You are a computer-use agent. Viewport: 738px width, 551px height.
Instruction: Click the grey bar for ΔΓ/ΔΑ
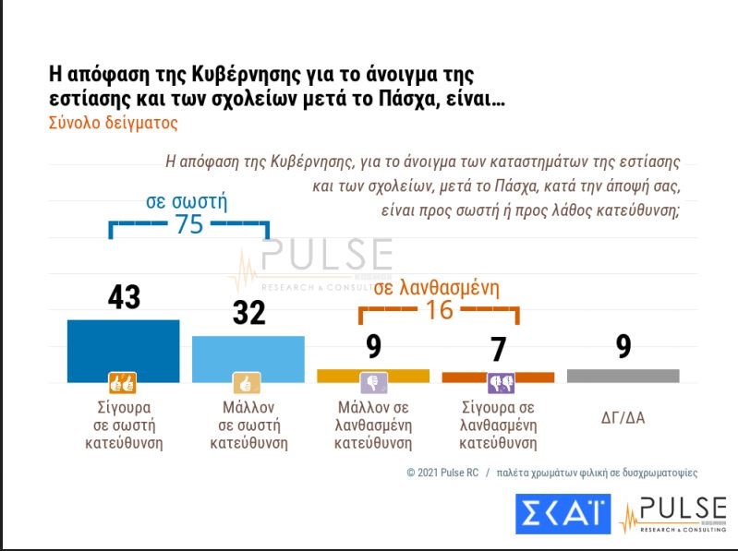pyautogui.click(x=623, y=376)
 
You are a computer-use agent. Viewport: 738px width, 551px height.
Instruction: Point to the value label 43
pyautogui.click(x=123, y=297)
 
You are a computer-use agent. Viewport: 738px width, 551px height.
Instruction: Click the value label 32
pyautogui.click(x=248, y=313)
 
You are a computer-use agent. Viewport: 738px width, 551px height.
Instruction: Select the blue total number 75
pyautogui.click(x=188, y=223)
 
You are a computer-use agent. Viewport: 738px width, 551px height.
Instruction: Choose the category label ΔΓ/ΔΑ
pyautogui.click(x=623, y=417)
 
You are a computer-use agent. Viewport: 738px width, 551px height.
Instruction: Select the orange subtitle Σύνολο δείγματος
pyautogui.click(x=112, y=122)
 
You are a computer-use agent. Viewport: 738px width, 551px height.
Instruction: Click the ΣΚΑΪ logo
pyautogui.click(x=563, y=512)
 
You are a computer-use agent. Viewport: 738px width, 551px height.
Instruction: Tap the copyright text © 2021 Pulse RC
pyautogui.click(x=442, y=472)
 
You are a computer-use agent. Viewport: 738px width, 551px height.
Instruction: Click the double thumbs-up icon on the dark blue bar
pyautogui.click(x=123, y=383)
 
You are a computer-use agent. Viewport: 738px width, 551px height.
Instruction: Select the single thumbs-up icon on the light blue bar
pyautogui.click(x=247, y=383)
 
